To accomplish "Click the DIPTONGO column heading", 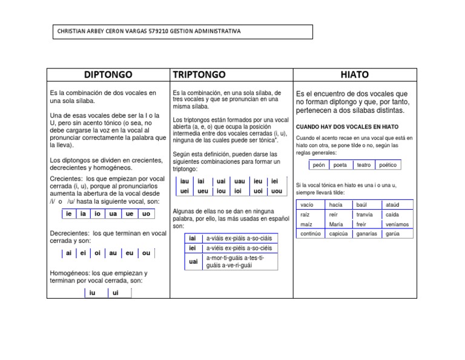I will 108,75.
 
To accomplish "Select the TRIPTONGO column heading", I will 199,75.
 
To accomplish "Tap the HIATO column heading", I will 354,75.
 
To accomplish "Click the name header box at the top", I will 180,32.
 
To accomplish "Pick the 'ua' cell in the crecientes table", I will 113,213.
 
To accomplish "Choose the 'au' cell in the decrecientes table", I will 113,253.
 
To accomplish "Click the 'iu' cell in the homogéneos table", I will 92,293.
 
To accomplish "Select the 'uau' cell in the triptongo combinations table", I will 239,181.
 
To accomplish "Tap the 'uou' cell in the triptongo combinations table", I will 276,191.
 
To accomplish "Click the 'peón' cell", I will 319,165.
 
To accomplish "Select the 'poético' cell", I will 387,165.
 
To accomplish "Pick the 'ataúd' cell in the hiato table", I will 393,205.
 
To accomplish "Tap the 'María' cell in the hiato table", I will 336,224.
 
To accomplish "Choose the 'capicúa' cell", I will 338,234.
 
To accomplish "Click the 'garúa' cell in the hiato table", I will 393,234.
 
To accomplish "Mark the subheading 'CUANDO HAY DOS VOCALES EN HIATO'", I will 347,127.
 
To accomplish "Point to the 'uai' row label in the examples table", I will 193,262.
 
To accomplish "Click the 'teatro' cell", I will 364,165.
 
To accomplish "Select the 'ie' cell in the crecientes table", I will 68,213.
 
